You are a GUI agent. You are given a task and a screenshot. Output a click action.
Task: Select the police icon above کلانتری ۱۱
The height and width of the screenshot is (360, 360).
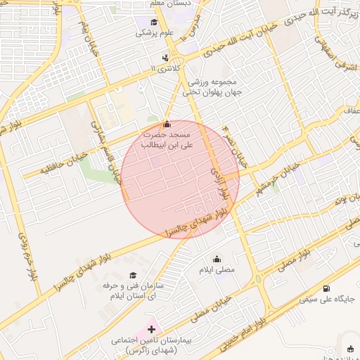[165, 58]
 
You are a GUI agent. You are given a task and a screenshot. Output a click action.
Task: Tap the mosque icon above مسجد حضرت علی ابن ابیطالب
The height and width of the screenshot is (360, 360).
[166, 124]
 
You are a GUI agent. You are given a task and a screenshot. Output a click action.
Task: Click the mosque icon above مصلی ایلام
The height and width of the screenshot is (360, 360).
[216, 259]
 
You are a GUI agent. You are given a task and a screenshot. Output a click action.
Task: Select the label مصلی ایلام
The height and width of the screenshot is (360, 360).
[216, 271]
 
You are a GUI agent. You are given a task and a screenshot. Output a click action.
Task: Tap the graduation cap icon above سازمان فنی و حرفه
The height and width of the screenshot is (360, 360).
[133, 275]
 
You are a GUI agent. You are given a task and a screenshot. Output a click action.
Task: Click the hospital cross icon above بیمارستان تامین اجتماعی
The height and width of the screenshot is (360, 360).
[152, 329]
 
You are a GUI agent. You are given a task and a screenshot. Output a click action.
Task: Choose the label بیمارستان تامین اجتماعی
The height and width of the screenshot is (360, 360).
[152, 345]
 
